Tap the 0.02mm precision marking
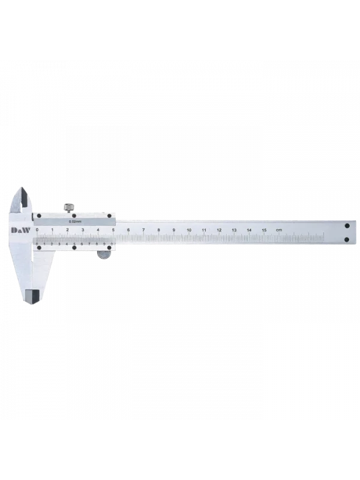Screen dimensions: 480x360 [x=74, y=222]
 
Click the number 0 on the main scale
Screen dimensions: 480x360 [x=37, y=230]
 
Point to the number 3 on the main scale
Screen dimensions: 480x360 [x=83, y=230]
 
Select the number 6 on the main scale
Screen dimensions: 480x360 [x=128, y=230]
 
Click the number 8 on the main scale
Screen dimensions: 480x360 [x=158, y=230]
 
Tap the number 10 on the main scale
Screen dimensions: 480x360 [x=189, y=230]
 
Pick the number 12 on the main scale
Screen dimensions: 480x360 [x=219, y=230]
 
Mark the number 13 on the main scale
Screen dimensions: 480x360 [x=234, y=230]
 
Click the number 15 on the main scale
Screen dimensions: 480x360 [x=264, y=230]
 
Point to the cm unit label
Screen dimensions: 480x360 [x=278, y=230]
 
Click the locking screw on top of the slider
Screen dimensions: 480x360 [x=70, y=208]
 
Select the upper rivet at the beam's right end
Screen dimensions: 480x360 [x=347, y=225]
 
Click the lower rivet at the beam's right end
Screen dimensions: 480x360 [x=347, y=240]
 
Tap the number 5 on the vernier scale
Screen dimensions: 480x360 [x=74, y=244]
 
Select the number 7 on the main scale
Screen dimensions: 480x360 [x=143, y=230]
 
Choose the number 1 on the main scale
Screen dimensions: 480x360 [x=52, y=230]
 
